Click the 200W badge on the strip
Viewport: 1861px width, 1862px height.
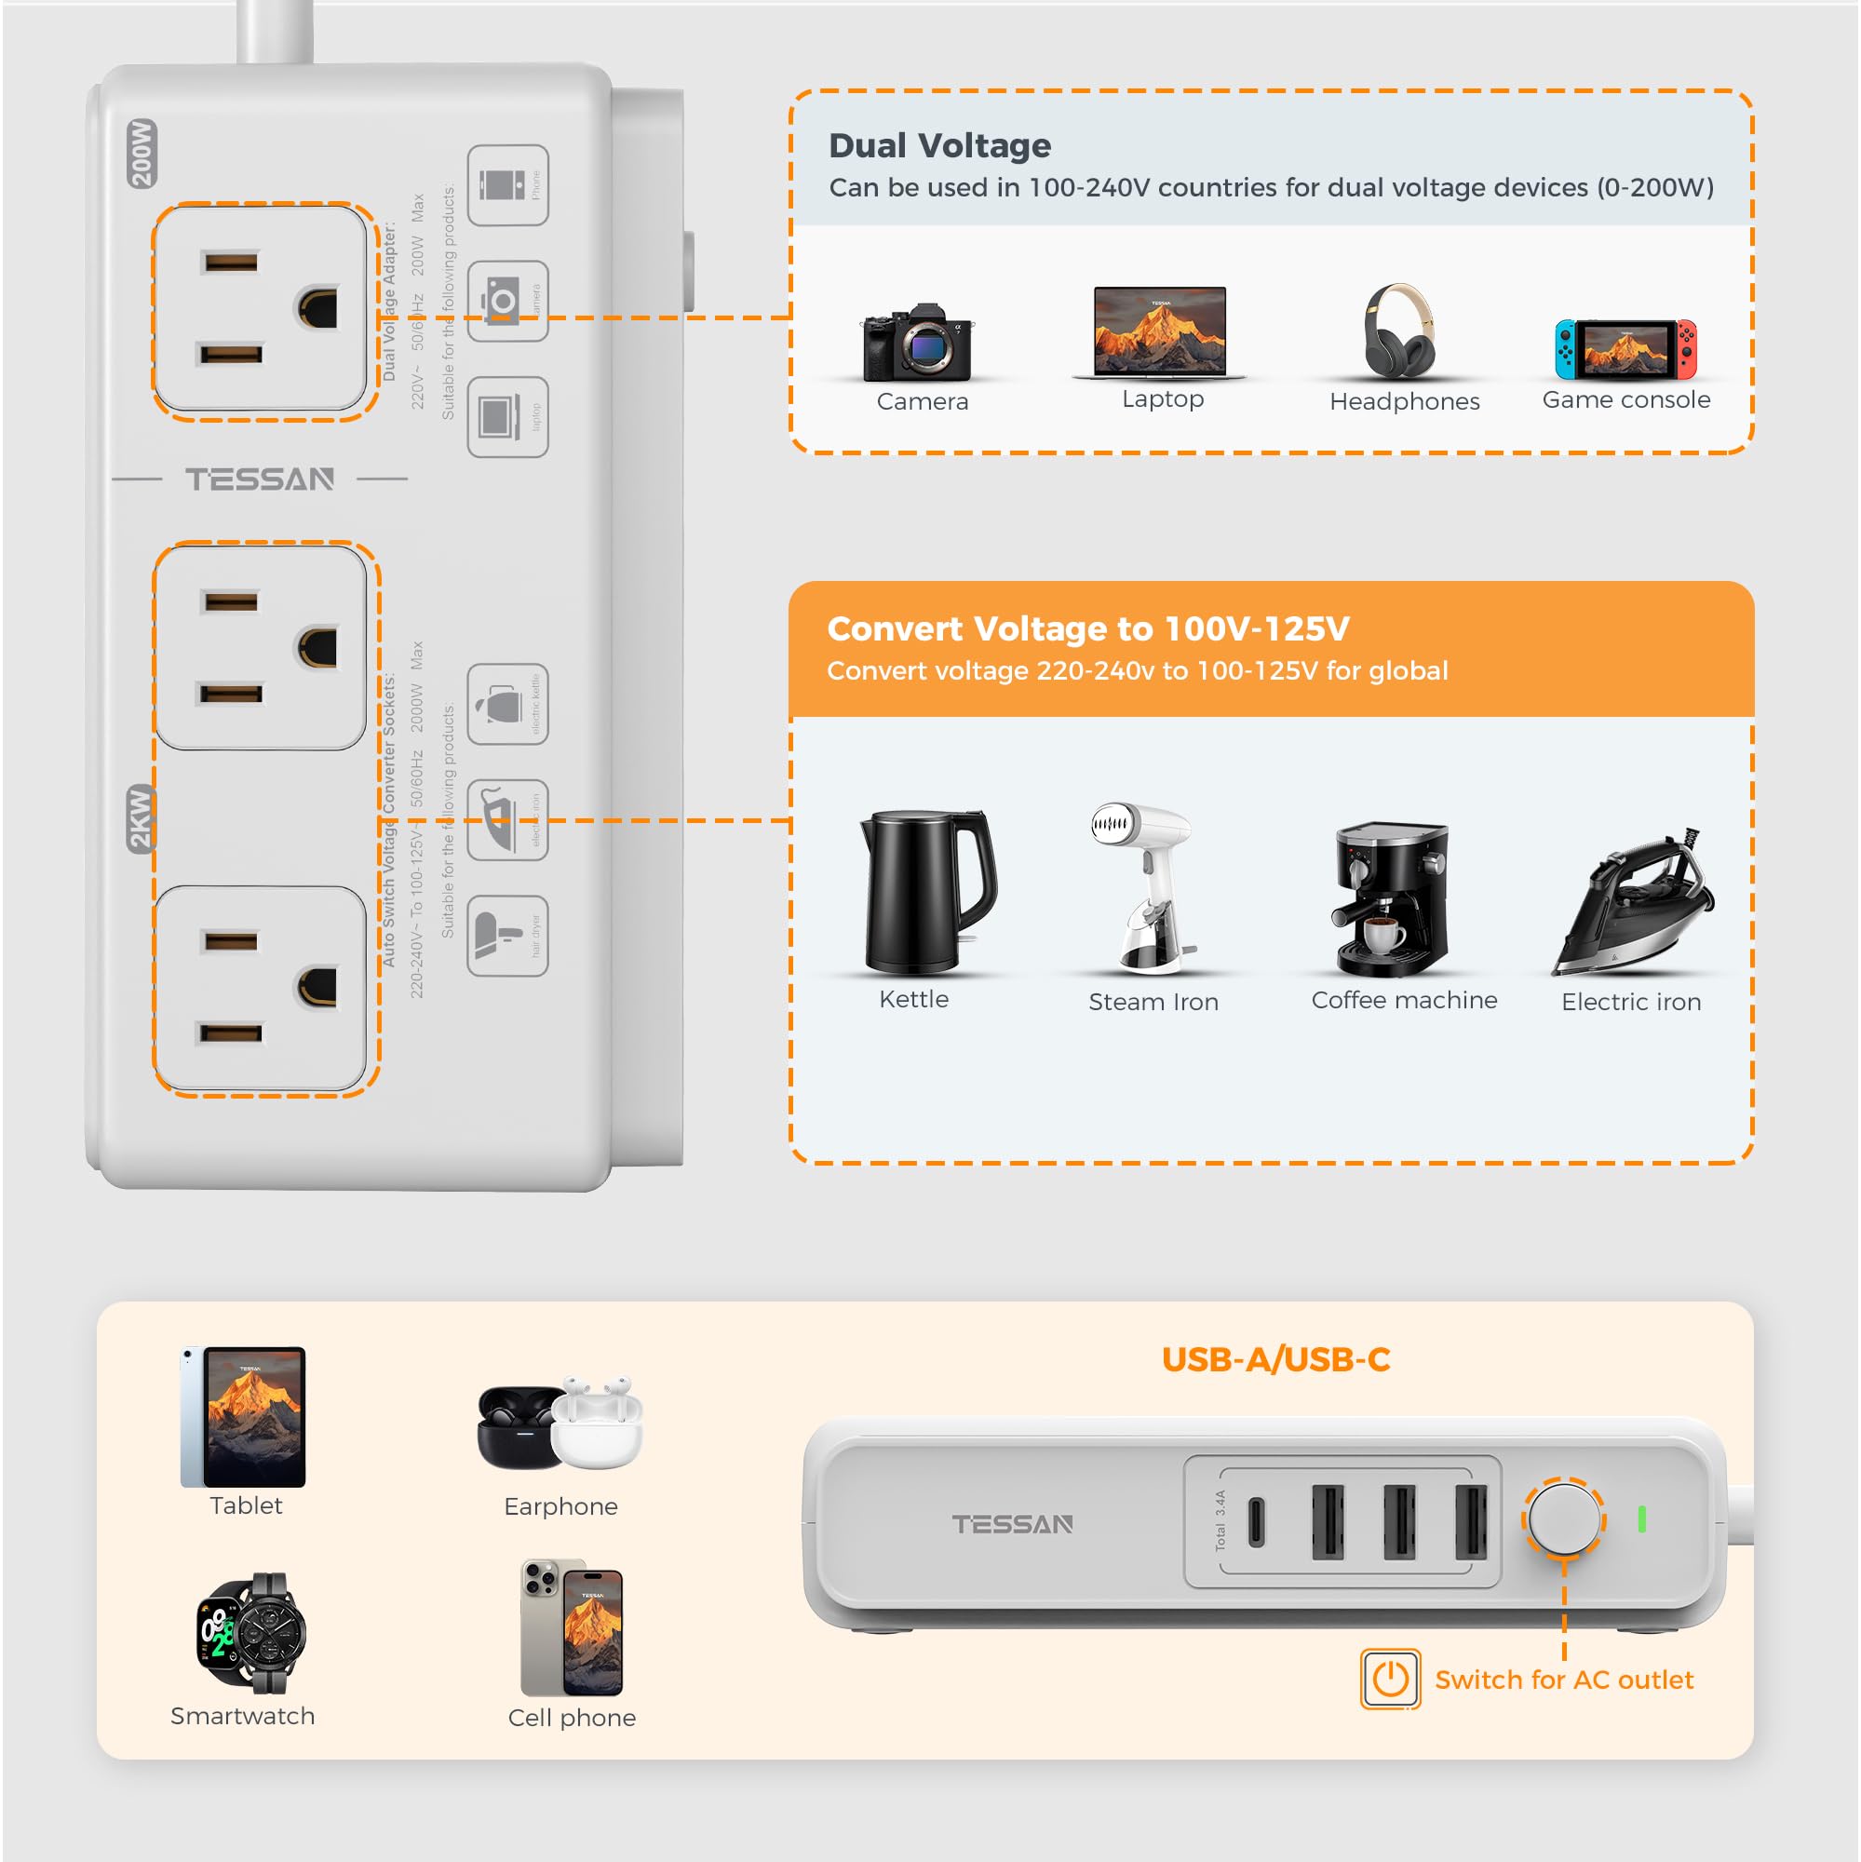(x=142, y=154)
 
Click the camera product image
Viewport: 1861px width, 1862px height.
(x=919, y=344)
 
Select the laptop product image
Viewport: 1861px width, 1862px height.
(x=1160, y=331)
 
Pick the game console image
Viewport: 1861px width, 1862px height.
(x=1625, y=350)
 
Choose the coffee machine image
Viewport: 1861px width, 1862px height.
(x=1391, y=900)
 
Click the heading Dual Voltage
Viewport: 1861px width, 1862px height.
(x=939, y=145)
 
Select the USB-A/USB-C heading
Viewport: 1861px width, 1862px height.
(x=1275, y=1359)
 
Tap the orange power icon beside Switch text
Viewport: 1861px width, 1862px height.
(x=1390, y=1679)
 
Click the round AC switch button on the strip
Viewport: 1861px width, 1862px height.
(x=1562, y=1518)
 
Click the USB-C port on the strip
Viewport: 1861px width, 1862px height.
(x=1256, y=1522)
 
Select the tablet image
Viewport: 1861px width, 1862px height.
(x=243, y=1416)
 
